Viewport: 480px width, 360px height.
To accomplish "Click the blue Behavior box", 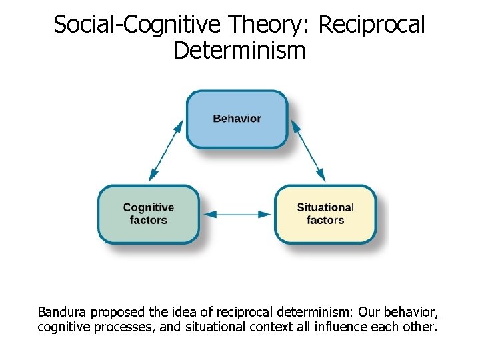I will [237, 119].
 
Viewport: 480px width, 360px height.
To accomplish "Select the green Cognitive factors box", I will [149, 214].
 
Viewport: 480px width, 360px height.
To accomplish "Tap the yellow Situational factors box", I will [325, 214].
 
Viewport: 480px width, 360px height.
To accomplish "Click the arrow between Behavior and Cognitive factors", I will [166, 151].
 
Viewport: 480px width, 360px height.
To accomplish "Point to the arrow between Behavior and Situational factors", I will [308, 151].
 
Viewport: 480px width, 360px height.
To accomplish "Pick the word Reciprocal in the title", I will [372, 25].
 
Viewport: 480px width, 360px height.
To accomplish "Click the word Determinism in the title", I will [239, 50].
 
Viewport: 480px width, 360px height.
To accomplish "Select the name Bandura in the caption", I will [62, 312].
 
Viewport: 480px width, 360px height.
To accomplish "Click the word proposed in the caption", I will [115, 312].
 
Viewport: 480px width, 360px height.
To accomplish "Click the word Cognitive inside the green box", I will [149, 207].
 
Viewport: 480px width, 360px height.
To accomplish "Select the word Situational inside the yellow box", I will [325, 207].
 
